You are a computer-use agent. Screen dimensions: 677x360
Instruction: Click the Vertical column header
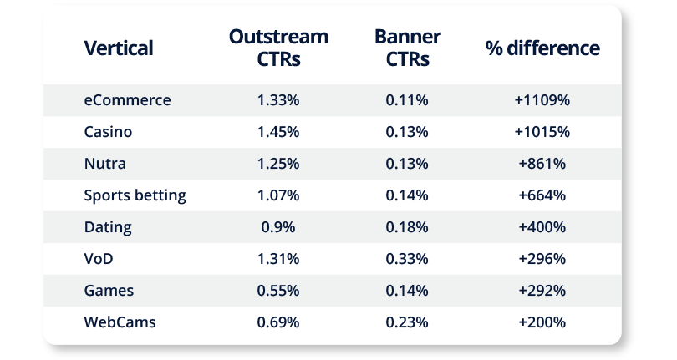coord(119,48)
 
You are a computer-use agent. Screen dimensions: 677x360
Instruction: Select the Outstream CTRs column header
coord(278,48)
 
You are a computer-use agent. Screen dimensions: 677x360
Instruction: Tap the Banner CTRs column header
coord(407,48)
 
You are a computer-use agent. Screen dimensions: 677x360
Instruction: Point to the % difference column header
coord(542,48)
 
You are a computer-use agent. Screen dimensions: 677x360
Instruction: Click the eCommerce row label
coord(127,100)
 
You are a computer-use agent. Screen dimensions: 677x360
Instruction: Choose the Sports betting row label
coord(135,195)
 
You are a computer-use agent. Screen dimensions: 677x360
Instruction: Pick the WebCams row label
coord(120,322)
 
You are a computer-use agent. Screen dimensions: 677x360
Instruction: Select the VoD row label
coord(99,259)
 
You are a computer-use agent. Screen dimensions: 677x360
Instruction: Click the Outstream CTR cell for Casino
coord(278,132)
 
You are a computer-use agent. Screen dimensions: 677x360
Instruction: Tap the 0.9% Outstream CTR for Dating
coord(278,227)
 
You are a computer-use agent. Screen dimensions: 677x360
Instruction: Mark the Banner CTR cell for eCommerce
coord(407,100)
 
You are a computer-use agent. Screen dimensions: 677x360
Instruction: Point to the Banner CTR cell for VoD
coord(407,259)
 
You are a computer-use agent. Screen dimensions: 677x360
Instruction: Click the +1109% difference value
coord(542,100)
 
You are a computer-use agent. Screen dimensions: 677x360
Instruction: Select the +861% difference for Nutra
coord(542,164)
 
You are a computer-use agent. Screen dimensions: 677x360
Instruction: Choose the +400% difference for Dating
coord(542,227)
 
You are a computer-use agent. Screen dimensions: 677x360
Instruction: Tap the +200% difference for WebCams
coord(542,322)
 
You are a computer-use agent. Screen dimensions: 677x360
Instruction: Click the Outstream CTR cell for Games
coord(278,291)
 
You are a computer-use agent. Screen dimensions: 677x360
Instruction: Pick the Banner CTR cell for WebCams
coord(407,322)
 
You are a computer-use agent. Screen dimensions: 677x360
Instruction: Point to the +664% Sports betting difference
coord(542,195)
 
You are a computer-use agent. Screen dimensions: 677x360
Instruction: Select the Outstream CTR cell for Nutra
coord(278,164)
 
